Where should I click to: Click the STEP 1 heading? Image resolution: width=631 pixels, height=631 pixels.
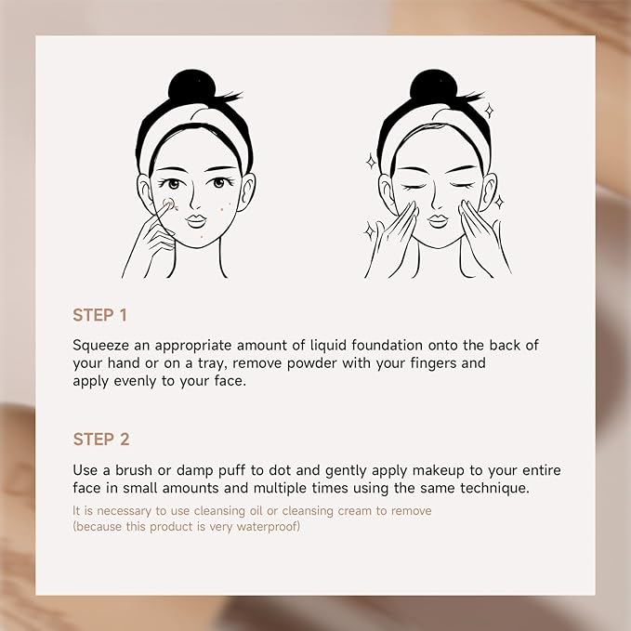pyautogui.click(x=100, y=315)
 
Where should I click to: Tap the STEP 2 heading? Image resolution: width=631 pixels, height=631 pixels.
pyautogui.click(x=101, y=439)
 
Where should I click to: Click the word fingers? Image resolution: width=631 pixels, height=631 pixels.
pyautogui.click(x=455, y=363)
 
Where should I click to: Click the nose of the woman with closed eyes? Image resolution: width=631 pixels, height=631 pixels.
pyautogui.click(x=437, y=202)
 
